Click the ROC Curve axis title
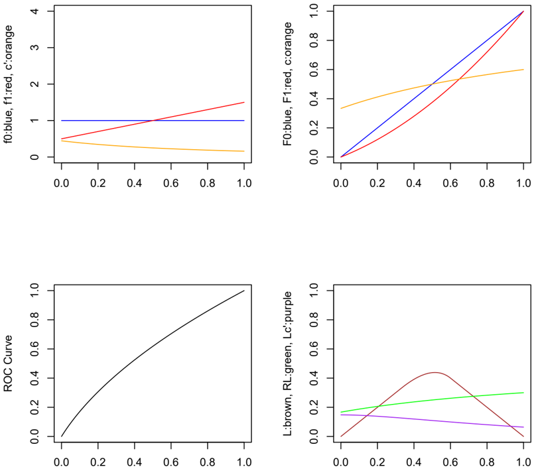7,364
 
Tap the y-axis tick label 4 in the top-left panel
34,11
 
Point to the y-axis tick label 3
34,48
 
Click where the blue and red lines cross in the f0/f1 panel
153,121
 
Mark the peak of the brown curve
435,373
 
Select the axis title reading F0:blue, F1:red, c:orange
287,84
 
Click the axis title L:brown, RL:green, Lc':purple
287,364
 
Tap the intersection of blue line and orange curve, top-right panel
432,84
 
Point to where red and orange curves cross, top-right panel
460,79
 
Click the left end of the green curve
341,412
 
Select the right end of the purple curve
523,427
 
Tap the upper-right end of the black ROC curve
244,291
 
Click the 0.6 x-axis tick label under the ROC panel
171,462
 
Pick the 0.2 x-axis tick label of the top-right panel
377,183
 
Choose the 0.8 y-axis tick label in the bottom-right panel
314,320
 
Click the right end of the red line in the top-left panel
244,102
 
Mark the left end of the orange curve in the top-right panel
341,108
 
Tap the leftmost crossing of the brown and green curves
378,406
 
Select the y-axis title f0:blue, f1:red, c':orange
8,84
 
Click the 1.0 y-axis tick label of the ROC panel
34,291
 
